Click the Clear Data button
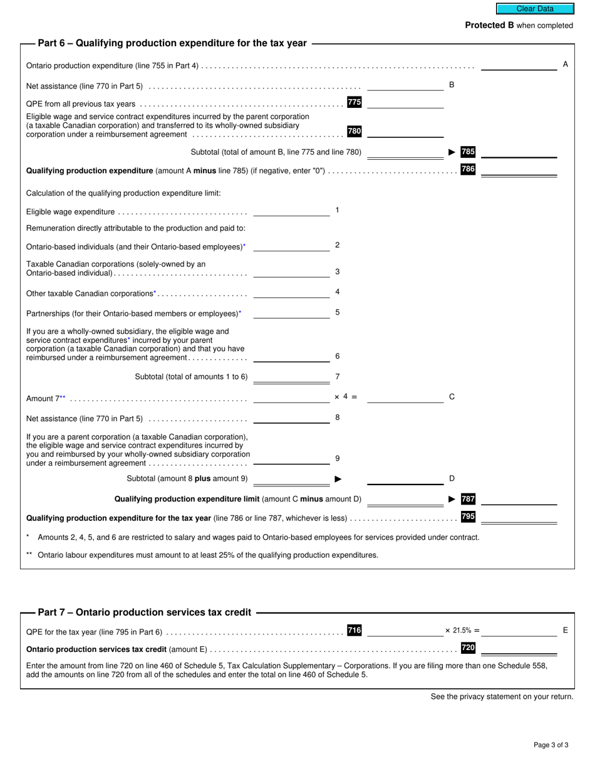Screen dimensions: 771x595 tap(535, 9)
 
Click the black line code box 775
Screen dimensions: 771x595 tap(354, 102)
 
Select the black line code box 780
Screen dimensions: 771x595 tap(354, 131)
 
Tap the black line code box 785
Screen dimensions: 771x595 tap(468, 152)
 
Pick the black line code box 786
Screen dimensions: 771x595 tap(468, 169)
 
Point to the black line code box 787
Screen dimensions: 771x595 tap(468, 499)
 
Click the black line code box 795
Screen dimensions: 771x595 tap(468, 517)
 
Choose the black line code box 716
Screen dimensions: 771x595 tap(354, 631)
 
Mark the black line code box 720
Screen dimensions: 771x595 tap(468, 648)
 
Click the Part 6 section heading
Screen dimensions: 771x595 tap(172, 43)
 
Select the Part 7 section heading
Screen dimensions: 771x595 tap(145, 612)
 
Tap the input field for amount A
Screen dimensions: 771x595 tap(519, 65)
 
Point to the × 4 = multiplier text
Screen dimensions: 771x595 tap(345, 397)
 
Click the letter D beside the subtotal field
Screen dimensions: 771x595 tap(452, 479)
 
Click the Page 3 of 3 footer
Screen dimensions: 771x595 tap(551, 745)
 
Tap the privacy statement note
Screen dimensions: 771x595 tap(502, 696)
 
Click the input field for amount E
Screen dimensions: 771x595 tap(519, 631)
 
